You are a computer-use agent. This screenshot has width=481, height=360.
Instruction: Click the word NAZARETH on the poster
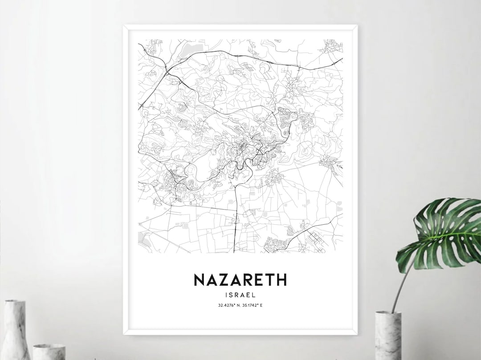240,280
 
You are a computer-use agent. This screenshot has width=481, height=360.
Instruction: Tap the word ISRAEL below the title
240,294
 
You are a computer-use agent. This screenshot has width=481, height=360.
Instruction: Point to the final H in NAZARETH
281,280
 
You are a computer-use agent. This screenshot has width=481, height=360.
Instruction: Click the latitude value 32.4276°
227,305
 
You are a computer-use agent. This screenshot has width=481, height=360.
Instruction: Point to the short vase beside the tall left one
49,352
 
